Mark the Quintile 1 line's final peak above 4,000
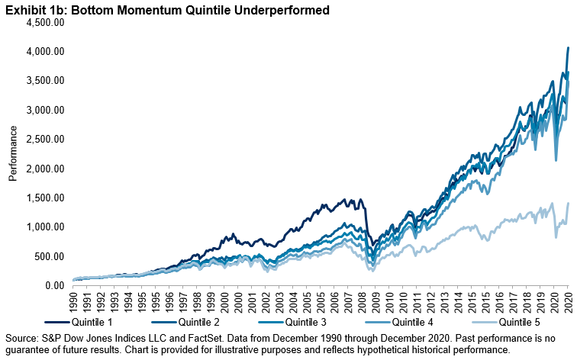[567, 48]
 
